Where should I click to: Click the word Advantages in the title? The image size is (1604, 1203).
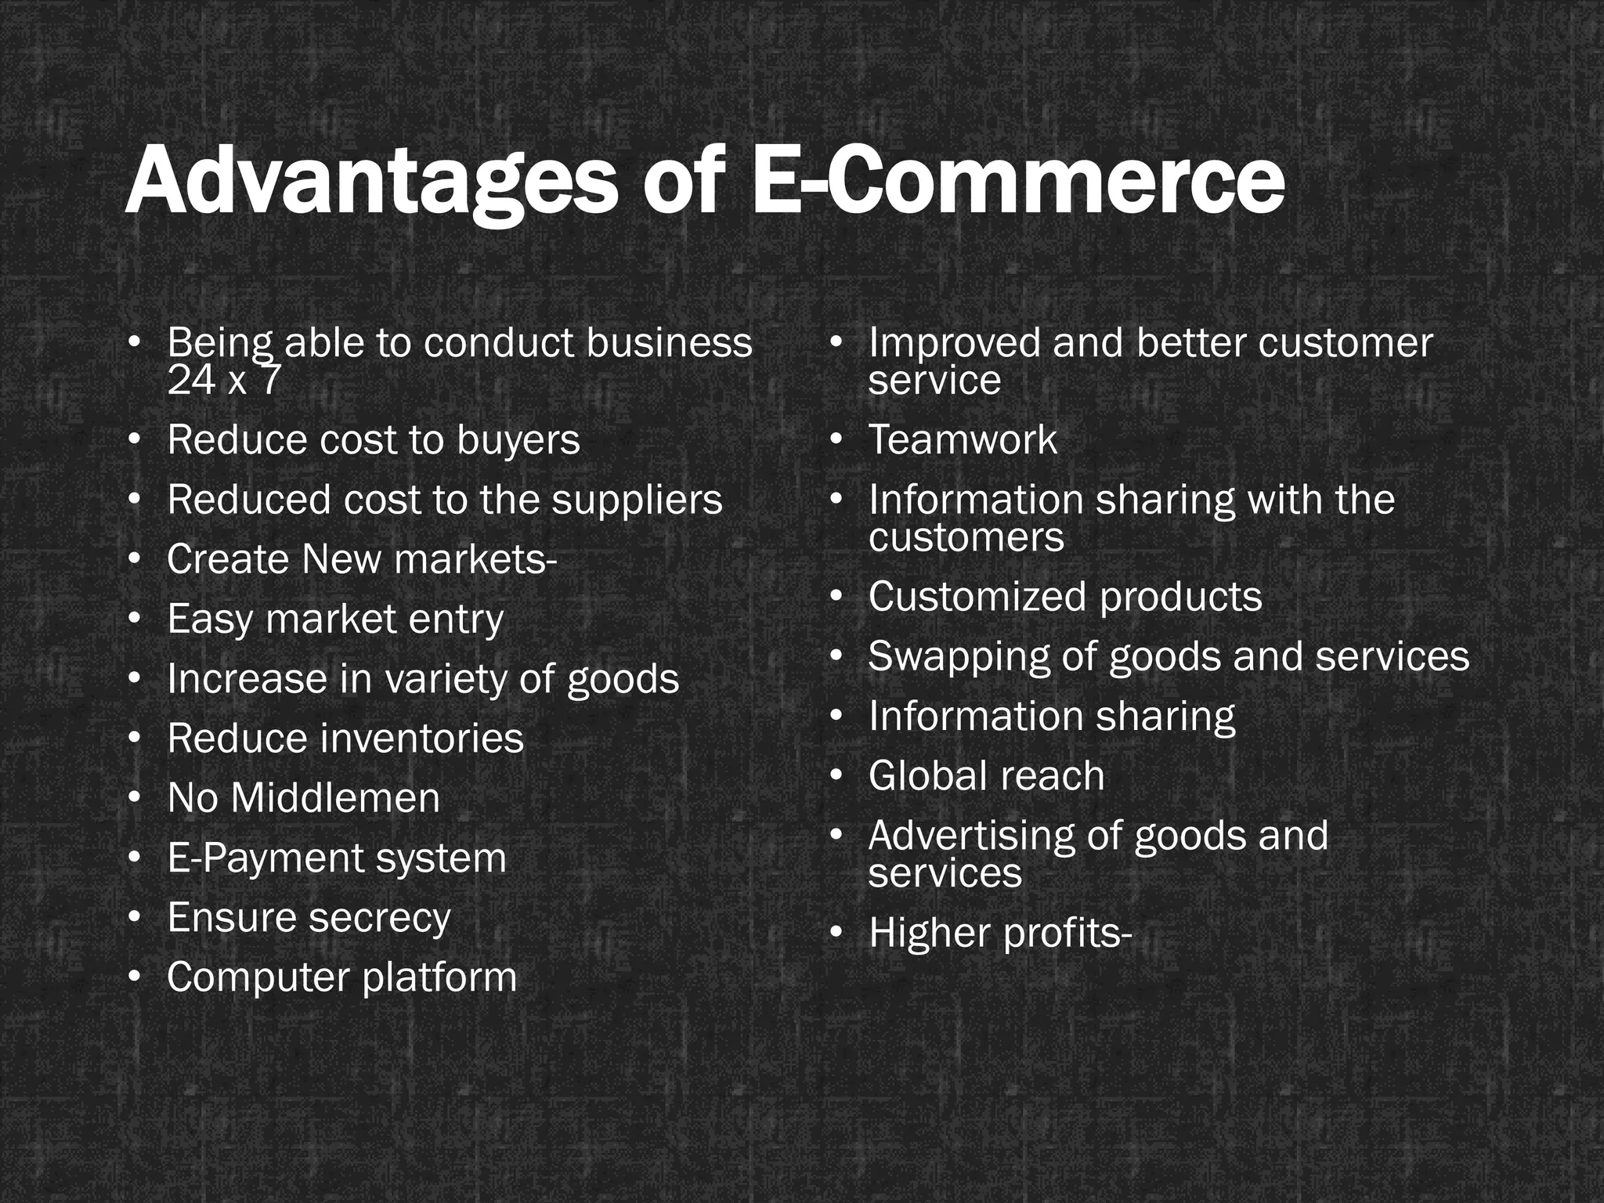tap(372, 182)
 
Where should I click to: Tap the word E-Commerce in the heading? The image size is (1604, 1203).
tap(1018, 182)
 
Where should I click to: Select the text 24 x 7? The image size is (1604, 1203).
tap(223, 381)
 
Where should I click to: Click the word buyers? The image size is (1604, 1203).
tap(518, 440)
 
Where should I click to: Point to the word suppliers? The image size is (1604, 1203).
tap(637, 500)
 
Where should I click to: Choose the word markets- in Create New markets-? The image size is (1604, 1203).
tap(475, 559)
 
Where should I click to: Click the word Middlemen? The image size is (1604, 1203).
tap(335, 799)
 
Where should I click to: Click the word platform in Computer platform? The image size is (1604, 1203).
tap(440, 978)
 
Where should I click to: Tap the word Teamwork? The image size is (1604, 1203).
tap(963, 439)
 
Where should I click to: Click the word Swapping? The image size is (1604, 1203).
tap(959, 657)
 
